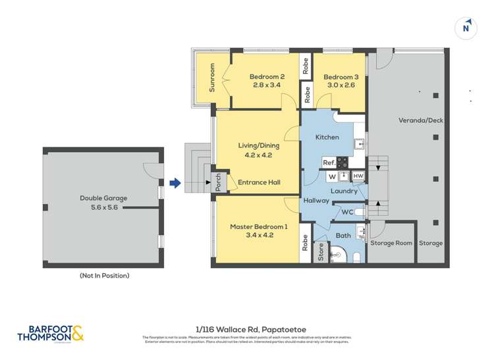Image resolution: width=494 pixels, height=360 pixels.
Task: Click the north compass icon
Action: coord(466,27)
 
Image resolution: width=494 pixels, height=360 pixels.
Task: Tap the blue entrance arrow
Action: coord(175,183)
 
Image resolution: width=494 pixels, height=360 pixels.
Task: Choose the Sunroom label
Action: coord(213,78)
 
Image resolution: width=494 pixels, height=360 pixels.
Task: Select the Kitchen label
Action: coord(327,137)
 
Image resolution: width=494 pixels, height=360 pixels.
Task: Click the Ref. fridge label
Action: coord(328,162)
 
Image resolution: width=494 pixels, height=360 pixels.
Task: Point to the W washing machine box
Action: coord(333,176)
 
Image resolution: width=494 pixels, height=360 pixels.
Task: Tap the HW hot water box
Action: coord(358,176)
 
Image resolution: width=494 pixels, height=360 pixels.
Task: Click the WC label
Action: coord(347,212)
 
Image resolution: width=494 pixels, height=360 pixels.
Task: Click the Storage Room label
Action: coord(391,243)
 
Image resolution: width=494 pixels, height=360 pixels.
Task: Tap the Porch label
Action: coord(219,182)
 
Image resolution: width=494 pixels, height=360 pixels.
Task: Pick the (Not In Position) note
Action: coord(104,275)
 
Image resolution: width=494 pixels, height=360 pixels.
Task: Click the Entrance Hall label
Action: coord(260,182)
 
